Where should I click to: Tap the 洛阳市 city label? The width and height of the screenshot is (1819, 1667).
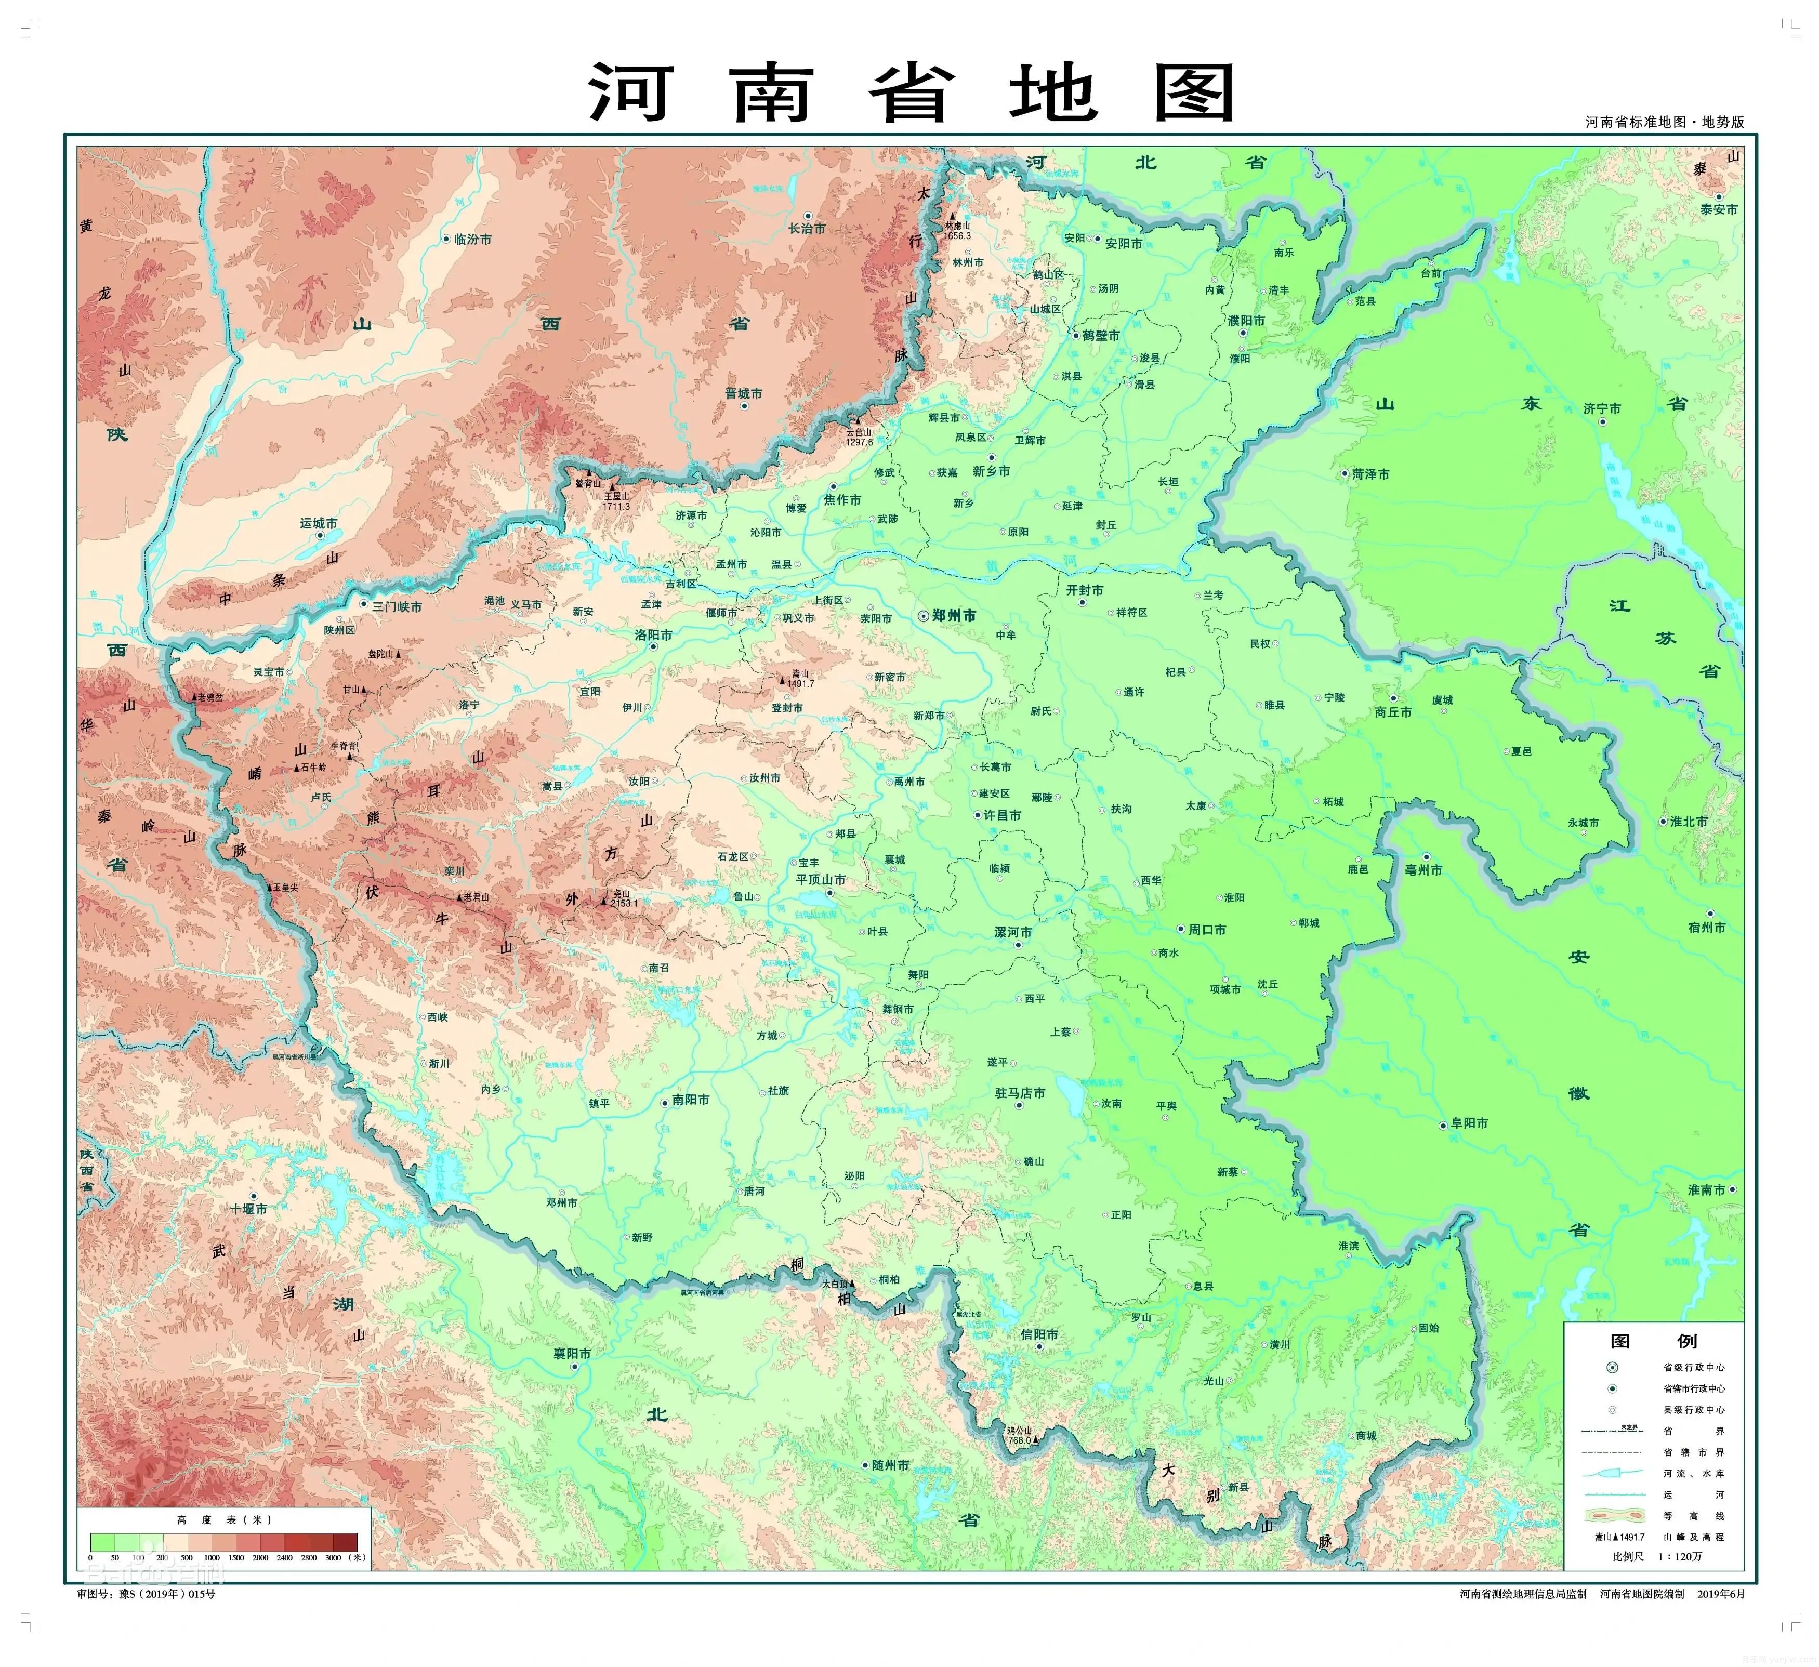point(653,635)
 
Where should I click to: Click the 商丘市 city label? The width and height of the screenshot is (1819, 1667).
point(1393,712)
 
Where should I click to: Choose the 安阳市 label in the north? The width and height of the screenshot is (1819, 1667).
point(1123,244)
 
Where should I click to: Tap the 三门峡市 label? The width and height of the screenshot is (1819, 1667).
point(397,607)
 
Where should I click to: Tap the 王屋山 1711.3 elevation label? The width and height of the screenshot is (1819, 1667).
point(617,500)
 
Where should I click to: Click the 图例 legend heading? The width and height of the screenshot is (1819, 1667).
point(1653,1341)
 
